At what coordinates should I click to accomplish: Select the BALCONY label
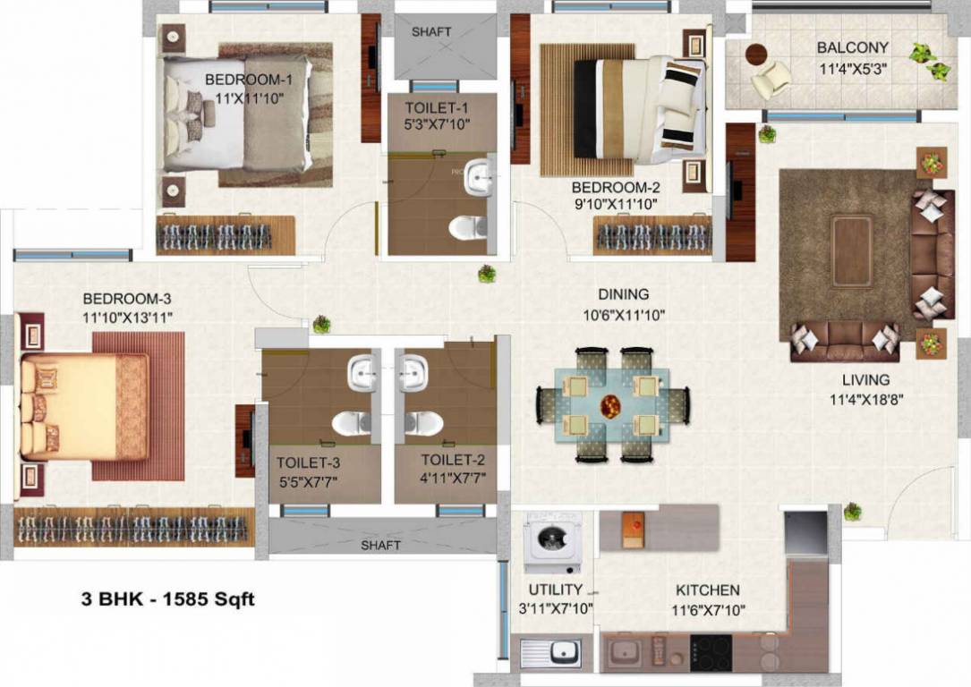click(x=852, y=47)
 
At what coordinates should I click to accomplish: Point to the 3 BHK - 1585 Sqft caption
click(x=167, y=599)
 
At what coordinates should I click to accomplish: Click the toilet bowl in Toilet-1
click(x=468, y=227)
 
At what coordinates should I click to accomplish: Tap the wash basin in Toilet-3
click(x=362, y=372)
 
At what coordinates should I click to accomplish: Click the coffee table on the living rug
click(x=851, y=251)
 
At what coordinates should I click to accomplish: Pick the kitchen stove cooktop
click(x=711, y=652)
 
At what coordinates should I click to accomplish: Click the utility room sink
click(x=551, y=653)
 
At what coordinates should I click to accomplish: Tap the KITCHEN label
click(x=707, y=590)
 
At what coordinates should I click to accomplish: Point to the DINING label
click(x=624, y=294)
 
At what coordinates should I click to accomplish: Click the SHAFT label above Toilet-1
click(x=431, y=32)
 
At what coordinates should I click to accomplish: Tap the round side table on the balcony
click(x=756, y=54)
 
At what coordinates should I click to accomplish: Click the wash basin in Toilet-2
click(x=415, y=372)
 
